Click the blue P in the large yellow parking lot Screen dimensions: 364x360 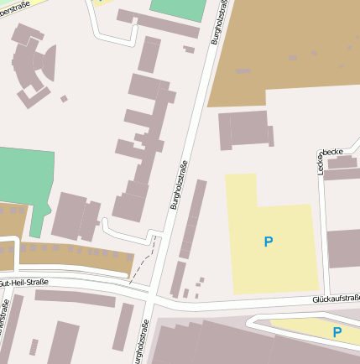pos(269,242)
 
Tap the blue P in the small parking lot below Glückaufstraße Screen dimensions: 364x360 pos(337,332)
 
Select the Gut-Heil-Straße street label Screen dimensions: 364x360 pos(25,283)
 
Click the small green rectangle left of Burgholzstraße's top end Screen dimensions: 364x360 pos(178,9)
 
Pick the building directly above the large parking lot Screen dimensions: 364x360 pos(244,130)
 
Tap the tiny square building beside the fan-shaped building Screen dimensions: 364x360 pos(64,99)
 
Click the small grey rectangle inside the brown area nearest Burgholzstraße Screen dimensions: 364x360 pos(243,71)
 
